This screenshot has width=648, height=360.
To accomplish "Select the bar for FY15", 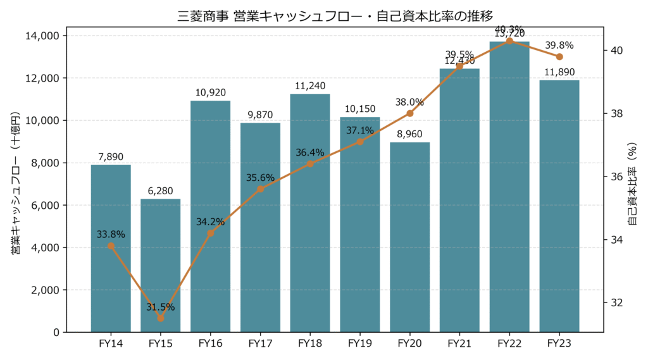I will point(161,266).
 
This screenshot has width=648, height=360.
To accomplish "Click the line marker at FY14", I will point(111,246).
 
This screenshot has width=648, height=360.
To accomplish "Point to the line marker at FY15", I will point(161,318).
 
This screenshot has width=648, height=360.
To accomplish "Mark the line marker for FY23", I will point(559,57).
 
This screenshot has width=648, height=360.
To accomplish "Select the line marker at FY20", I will point(410,113).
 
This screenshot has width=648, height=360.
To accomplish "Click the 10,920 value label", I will point(210,92).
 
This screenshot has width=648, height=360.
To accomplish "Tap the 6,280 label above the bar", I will point(161,190).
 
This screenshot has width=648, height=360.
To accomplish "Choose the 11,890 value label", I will point(559,71).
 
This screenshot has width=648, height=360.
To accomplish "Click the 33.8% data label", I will point(111,235).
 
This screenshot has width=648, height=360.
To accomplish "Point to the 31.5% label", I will point(161,307).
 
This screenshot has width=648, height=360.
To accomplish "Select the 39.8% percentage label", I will point(559,46).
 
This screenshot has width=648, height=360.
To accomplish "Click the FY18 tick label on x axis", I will point(310,344).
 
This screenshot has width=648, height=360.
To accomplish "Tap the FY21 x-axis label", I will point(460,344).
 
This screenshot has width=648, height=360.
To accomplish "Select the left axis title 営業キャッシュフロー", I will point(15,183).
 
